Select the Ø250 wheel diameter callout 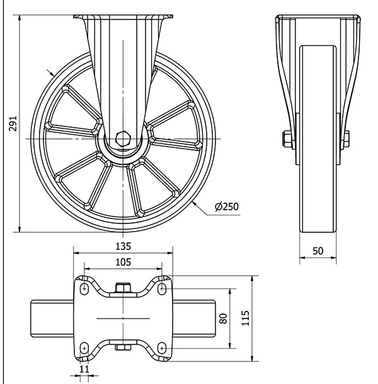point(227,206)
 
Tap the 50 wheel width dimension point(318,251)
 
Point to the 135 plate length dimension point(124,246)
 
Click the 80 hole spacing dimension point(222,319)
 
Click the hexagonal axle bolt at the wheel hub point(124,138)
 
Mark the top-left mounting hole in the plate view point(83,288)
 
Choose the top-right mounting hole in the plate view point(163,288)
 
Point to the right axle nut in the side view point(345,139)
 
